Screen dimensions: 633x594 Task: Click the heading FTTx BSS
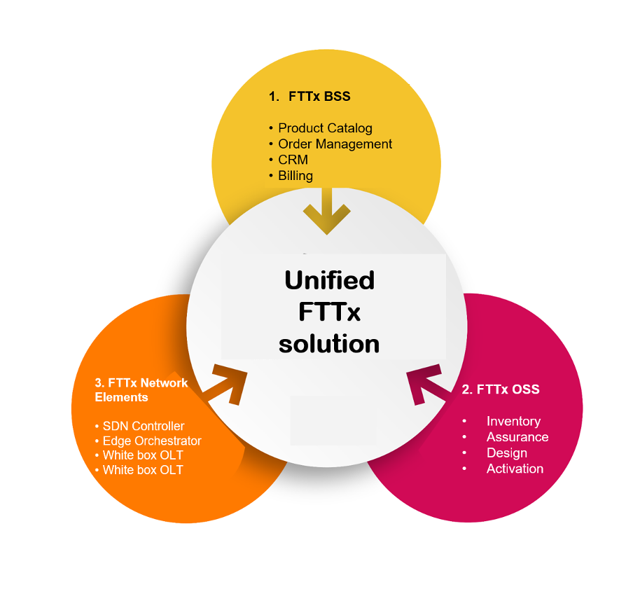click(319, 97)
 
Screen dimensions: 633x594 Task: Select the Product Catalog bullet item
click(325, 128)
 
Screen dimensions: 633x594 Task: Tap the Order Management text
click(335, 144)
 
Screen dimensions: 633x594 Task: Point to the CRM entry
click(293, 160)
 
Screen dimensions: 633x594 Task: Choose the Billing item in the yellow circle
click(295, 176)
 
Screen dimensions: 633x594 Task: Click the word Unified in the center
click(329, 279)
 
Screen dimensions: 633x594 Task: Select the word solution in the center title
click(329, 344)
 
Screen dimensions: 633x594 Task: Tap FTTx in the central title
click(329, 312)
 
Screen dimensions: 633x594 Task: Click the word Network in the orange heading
click(165, 383)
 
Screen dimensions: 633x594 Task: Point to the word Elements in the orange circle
click(122, 397)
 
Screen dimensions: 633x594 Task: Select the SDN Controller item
click(144, 426)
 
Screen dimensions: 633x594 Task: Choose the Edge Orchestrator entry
click(152, 441)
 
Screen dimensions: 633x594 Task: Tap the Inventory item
click(513, 421)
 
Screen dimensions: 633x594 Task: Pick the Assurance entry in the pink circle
click(517, 437)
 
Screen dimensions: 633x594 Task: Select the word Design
click(507, 453)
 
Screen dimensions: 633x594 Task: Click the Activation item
click(515, 469)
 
